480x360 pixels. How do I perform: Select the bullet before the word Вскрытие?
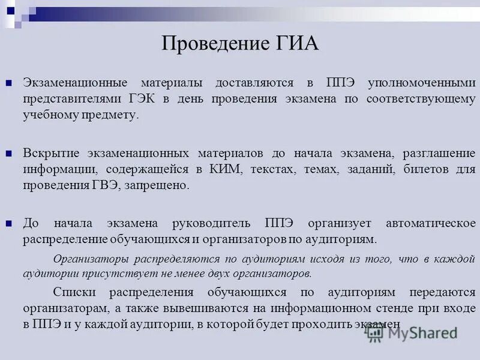pos(9,154)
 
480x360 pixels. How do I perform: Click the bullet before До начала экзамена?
pos(9,224)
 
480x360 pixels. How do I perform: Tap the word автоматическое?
pos(430,223)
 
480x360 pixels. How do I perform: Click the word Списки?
pos(72,292)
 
